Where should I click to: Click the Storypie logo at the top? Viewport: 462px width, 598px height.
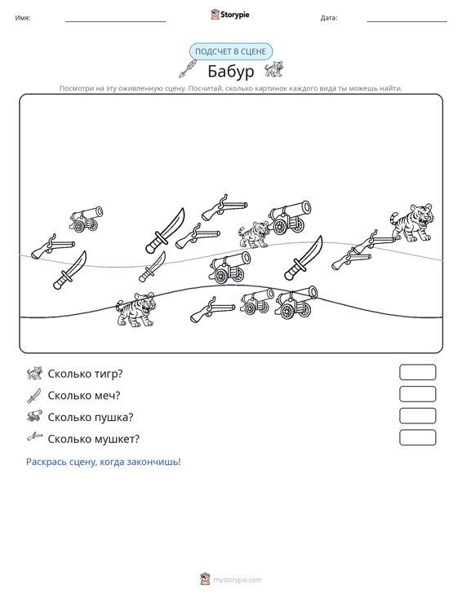[x=230, y=15]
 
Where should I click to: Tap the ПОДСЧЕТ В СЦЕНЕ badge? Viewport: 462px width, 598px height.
[x=231, y=51]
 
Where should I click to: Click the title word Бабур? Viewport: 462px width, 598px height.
[x=231, y=71]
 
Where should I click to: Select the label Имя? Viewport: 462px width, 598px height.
[x=23, y=18]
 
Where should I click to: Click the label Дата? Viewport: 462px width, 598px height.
[x=329, y=18]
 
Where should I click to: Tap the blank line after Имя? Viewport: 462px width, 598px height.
[x=116, y=21]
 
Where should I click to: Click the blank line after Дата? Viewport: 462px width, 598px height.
[x=406, y=21]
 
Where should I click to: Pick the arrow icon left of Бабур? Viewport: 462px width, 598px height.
[x=188, y=69]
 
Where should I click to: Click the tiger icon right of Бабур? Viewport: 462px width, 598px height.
[x=274, y=69]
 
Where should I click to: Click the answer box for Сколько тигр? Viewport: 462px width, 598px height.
[x=417, y=372]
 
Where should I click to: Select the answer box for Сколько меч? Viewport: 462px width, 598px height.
[x=417, y=394]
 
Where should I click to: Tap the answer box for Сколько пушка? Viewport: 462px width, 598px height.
[x=417, y=416]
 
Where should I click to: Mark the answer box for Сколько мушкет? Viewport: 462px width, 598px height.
[x=417, y=437]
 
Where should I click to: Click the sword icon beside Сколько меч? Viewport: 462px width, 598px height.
[x=34, y=396]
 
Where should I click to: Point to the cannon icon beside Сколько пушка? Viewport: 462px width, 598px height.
[x=34, y=416]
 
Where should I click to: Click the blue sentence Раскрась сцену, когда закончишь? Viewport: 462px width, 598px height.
[x=104, y=462]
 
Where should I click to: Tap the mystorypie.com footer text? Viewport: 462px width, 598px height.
[x=237, y=580]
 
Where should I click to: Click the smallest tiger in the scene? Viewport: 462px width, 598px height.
[x=254, y=234]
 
